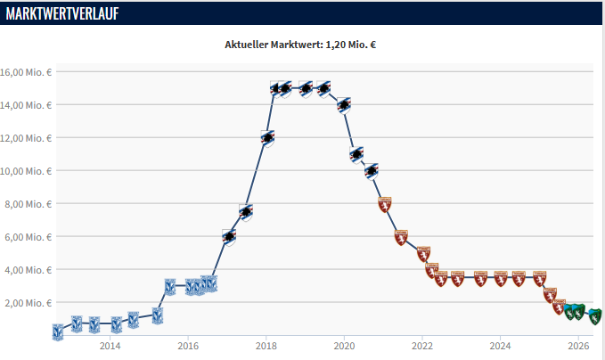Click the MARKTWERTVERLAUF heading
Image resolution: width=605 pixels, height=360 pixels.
(x=62, y=13)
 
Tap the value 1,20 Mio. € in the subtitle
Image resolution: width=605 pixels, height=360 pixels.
(x=351, y=45)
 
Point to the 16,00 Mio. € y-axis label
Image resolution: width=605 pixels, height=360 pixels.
(x=26, y=72)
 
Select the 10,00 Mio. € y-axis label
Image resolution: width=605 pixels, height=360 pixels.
(x=26, y=171)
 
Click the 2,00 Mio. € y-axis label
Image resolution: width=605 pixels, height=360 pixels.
(x=29, y=303)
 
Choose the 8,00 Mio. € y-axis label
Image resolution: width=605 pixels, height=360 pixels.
(x=29, y=204)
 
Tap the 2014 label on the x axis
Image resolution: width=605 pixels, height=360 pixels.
(x=110, y=346)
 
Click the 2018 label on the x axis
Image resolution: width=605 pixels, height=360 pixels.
(x=266, y=346)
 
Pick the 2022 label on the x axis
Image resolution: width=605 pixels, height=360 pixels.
(x=422, y=346)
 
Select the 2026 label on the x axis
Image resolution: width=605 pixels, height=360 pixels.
(x=578, y=346)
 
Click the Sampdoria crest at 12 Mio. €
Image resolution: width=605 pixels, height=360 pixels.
(x=268, y=138)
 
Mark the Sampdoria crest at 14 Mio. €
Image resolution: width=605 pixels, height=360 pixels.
(x=344, y=105)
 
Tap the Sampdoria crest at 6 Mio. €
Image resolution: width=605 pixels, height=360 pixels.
(x=229, y=237)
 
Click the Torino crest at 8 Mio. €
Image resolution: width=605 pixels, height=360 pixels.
(x=385, y=204)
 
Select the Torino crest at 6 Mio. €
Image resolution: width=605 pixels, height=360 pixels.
(x=401, y=237)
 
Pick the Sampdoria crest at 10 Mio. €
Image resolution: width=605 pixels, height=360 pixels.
(x=372, y=171)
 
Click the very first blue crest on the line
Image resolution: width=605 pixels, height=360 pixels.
(x=58, y=332)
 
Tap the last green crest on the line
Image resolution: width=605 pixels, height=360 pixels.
(x=594, y=316)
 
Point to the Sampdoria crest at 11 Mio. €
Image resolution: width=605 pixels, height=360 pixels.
(x=357, y=155)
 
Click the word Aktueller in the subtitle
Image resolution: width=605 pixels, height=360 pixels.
(x=246, y=45)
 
